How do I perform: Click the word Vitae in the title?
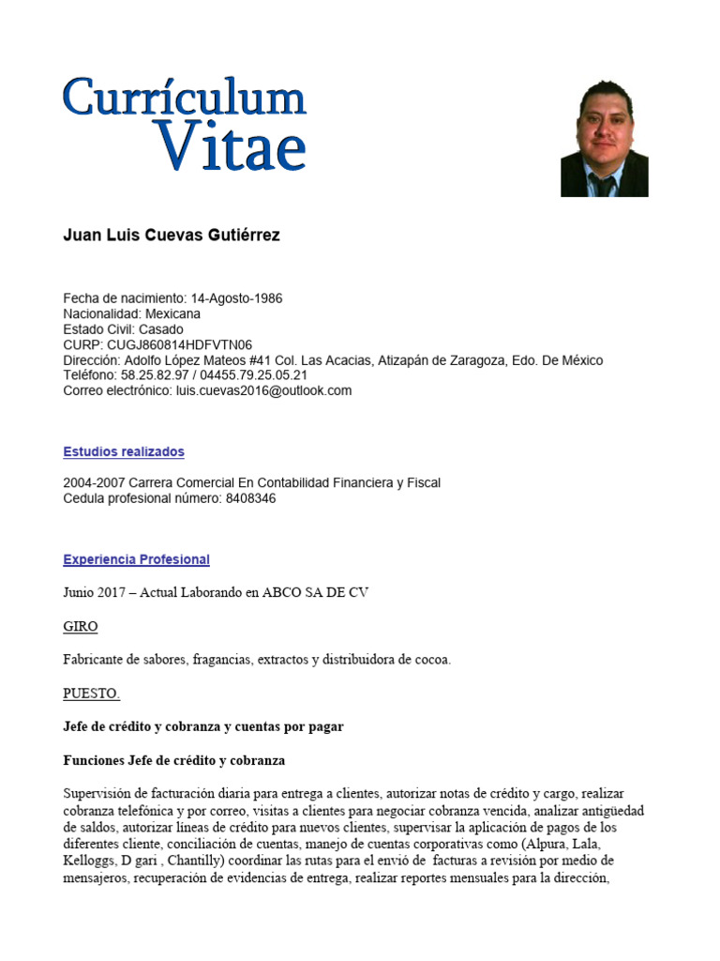click(231, 145)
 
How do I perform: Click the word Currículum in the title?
click(185, 98)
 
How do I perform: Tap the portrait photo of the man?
click(604, 138)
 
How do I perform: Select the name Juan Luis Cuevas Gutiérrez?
click(171, 236)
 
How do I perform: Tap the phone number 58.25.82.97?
click(153, 375)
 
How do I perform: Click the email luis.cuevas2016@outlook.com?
click(263, 390)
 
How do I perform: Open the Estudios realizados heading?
click(124, 452)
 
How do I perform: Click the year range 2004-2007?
click(92, 483)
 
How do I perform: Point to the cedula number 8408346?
click(250, 498)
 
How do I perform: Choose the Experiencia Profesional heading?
click(136, 560)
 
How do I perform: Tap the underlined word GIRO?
click(80, 626)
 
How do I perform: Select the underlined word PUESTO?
click(91, 694)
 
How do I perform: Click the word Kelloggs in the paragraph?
click(88, 861)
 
